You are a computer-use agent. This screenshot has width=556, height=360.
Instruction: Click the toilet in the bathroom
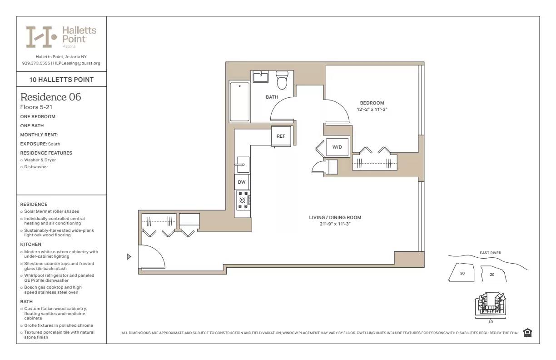(282, 80)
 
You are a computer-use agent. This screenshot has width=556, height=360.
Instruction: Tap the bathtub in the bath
(239, 101)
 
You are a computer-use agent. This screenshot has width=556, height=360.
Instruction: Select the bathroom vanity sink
(260, 76)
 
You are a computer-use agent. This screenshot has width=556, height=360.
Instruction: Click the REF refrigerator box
(281, 136)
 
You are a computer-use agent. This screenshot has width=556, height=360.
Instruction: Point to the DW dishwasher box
(242, 182)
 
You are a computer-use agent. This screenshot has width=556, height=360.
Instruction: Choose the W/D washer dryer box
(337, 147)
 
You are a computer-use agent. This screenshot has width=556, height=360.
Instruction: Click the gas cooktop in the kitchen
(243, 200)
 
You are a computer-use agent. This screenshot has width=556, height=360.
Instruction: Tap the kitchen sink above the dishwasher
(242, 164)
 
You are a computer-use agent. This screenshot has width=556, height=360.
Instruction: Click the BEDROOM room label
(372, 103)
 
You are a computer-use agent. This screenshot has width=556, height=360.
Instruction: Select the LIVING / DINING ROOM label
(335, 218)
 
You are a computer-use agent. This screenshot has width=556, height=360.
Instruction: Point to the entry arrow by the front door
(129, 257)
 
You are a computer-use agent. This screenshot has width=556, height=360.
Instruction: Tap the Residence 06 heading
(51, 97)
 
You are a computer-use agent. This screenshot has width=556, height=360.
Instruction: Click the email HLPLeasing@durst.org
(77, 63)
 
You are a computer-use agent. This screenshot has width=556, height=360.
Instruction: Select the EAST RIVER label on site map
(490, 253)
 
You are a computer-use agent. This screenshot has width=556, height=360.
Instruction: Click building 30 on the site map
(462, 273)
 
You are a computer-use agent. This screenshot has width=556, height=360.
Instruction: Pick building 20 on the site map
(492, 274)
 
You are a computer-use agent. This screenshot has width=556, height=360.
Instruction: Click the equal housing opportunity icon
(527, 333)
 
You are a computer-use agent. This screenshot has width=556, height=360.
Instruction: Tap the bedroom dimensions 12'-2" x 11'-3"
(372, 110)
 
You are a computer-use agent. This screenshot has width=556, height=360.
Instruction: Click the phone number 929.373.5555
(36, 63)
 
